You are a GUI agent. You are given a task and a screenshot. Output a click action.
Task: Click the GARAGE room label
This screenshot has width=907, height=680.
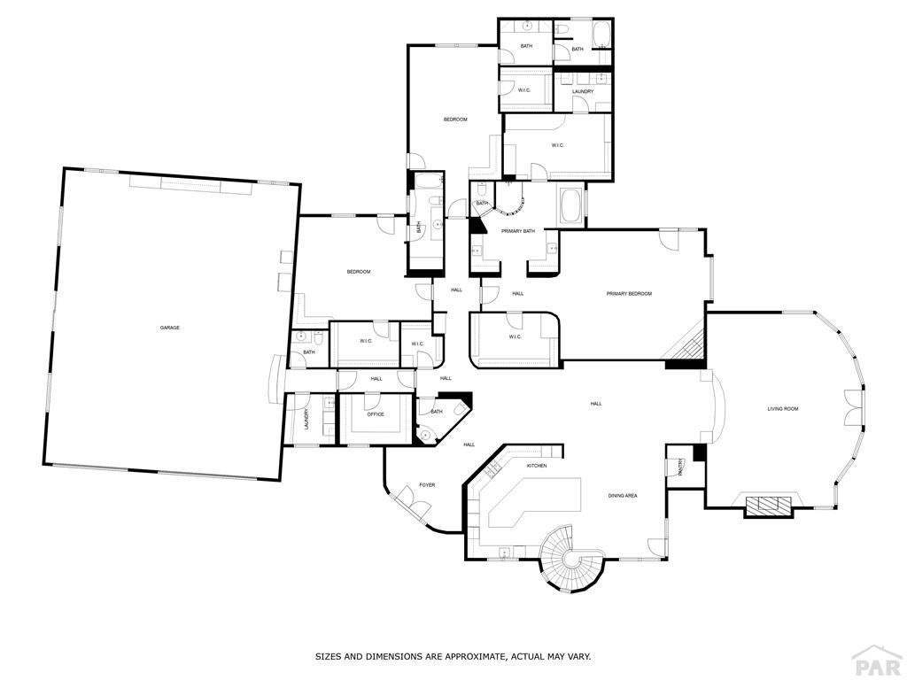pos(169,328)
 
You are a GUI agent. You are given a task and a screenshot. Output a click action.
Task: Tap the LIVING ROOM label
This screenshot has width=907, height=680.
pos(783,408)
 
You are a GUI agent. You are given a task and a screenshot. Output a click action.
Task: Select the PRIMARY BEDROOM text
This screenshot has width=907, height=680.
pos(629,293)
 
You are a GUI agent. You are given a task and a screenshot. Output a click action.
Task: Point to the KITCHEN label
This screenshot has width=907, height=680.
pos(537,466)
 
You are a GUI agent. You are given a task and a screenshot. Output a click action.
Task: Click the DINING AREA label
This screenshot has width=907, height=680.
pos(623,496)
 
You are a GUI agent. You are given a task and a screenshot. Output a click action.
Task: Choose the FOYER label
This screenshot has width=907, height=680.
pos(427,485)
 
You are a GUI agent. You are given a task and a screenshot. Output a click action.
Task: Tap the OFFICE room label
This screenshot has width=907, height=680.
pos(376,414)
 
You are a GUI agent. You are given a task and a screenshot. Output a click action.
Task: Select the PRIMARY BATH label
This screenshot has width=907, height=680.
pos(518,231)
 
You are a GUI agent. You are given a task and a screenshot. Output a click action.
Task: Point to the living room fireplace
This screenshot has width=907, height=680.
pos(768,506)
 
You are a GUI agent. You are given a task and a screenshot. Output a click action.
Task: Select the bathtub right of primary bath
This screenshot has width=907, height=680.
pos(571,206)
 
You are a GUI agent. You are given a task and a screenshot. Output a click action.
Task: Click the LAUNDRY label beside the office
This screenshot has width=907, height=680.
pos(306,418)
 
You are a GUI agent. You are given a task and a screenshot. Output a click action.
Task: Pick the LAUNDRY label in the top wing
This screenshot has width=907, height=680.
pos(582,91)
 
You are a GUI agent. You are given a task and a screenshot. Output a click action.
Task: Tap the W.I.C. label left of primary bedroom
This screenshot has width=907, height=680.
pos(516,336)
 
